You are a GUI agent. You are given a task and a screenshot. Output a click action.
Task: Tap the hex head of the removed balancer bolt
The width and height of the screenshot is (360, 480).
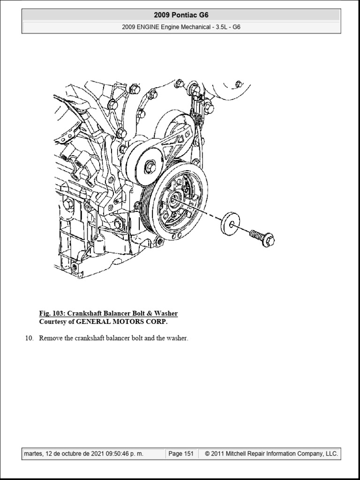269,240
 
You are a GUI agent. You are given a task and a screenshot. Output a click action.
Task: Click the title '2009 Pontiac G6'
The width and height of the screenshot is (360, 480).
181,15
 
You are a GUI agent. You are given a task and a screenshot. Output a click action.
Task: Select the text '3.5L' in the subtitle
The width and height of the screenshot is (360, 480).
222,27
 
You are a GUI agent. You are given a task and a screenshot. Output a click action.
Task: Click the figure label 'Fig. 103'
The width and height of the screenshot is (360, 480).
51,314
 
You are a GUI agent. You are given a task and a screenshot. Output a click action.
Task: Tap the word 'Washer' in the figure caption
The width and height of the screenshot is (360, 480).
166,314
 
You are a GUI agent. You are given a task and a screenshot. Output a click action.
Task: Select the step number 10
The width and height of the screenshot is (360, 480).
29,338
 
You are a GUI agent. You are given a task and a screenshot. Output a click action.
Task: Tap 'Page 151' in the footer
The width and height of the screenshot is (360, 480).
181,454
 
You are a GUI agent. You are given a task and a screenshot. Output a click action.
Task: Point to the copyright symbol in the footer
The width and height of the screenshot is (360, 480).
207,454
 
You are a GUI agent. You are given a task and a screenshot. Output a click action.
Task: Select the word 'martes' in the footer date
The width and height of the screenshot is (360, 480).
33,454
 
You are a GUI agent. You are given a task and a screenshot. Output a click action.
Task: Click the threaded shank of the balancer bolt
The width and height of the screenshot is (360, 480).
256,235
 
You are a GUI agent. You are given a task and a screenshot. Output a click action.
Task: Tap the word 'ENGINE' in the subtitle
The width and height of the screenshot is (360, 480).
148,27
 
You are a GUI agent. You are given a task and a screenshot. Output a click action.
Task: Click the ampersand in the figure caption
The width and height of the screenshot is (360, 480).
149,314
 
